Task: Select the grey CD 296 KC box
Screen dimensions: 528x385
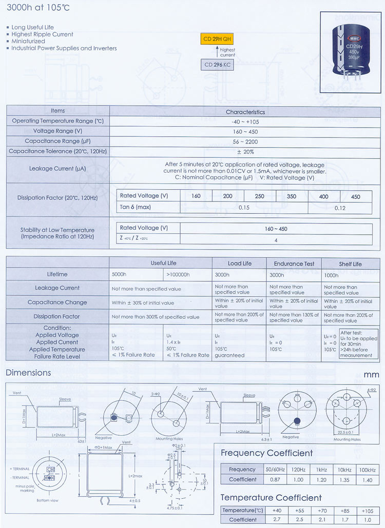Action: point(218,65)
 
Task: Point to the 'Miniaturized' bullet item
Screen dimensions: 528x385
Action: point(28,41)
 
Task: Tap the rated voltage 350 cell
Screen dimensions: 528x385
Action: point(291,196)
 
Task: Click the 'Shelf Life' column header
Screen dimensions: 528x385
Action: point(350,263)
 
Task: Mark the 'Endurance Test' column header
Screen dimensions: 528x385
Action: point(294,263)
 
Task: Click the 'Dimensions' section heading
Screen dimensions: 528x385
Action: point(28,373)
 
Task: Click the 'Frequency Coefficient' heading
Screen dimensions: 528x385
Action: point(266,453)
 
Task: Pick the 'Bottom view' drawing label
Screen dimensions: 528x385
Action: point(47,500)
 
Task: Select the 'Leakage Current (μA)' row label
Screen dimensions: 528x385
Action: point(58,168)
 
